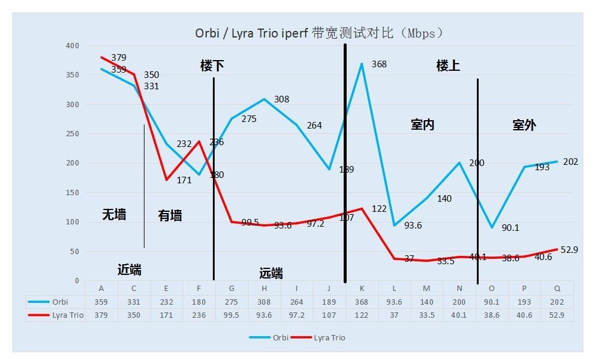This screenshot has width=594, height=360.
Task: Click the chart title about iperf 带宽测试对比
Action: (319, 33)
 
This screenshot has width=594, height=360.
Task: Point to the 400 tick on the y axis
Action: (73, 46)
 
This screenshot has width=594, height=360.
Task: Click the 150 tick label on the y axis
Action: (73, 193)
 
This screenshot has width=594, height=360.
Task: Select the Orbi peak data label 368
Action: (379, 64)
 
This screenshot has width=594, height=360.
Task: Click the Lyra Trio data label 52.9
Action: (569, 250)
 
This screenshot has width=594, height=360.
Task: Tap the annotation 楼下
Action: (212, 66)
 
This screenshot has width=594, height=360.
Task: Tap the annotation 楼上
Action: (448, 66)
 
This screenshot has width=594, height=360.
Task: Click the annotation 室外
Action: (524, 125)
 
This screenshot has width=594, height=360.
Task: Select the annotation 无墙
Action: (114, 215)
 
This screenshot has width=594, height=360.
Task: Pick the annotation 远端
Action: (271, 274)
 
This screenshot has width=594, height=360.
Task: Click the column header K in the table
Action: (362, 289)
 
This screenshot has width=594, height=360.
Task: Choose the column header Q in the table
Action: (557, 289)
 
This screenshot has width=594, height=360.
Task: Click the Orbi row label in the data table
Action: (60, 302)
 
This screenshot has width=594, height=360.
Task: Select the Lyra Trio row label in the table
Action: (66, 315)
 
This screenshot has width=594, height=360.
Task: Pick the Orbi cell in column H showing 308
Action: (264, 302)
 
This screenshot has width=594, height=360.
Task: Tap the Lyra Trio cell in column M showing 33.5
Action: (427, 315)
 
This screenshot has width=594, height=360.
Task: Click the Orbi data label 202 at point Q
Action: (570, 162)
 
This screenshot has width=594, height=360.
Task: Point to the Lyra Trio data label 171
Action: (184, 180)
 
